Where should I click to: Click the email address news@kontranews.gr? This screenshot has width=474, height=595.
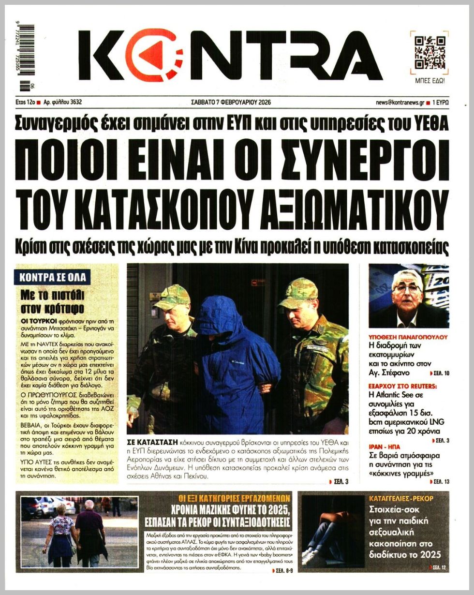tap(400, 103)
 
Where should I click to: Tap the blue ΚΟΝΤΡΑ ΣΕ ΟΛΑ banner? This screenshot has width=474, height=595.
tap(53, 277)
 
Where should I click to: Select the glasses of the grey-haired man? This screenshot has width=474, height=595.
tap(406, 288)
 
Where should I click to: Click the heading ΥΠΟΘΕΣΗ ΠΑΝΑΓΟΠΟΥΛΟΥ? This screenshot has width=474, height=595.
tap(408, 337)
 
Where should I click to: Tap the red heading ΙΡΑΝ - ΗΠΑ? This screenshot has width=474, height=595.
tap(385, 446)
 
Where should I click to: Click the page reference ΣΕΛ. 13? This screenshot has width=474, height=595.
tap(440, 482)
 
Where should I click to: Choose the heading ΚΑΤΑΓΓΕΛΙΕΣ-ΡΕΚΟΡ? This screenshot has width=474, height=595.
tap(401, 498)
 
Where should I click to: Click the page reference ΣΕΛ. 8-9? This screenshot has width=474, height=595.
tap(279, 571)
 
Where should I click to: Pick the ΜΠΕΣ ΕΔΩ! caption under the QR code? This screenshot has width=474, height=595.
tap(430, 80)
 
